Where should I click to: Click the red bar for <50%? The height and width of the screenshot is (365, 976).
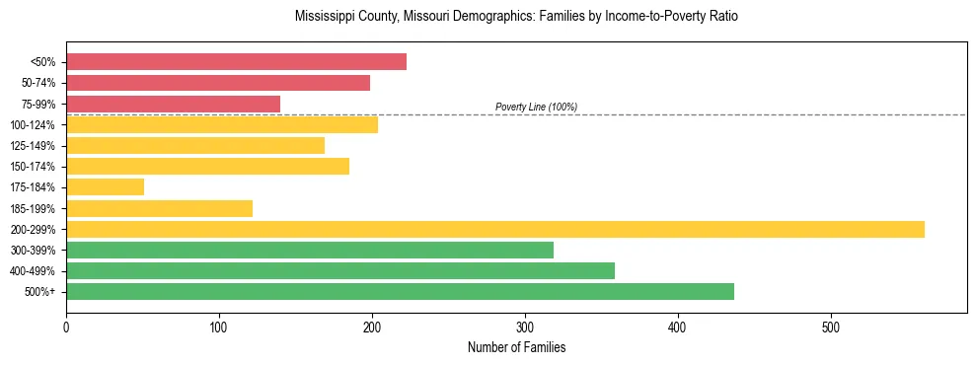click(236, 61)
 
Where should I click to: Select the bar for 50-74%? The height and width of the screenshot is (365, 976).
click(218, 83)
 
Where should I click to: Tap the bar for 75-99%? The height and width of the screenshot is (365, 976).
click(173, 104)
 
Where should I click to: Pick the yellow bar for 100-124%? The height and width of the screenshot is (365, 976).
click(222, 124)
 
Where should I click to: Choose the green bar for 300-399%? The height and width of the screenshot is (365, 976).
click(310, 250)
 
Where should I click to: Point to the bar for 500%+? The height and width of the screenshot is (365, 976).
click(400, 291)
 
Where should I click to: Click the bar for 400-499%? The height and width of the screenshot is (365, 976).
click(340, 270)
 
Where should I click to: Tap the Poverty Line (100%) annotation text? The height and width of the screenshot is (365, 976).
click(536, 107)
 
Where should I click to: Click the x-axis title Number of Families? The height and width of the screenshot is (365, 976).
click(516, 347)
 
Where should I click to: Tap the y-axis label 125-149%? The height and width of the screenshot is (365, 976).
click(33, 146)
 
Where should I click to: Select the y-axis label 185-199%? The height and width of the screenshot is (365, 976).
click(33, 208)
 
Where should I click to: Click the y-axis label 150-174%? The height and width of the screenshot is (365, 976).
click(33, 167)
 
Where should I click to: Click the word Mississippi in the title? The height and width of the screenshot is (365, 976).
click(322, 17)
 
